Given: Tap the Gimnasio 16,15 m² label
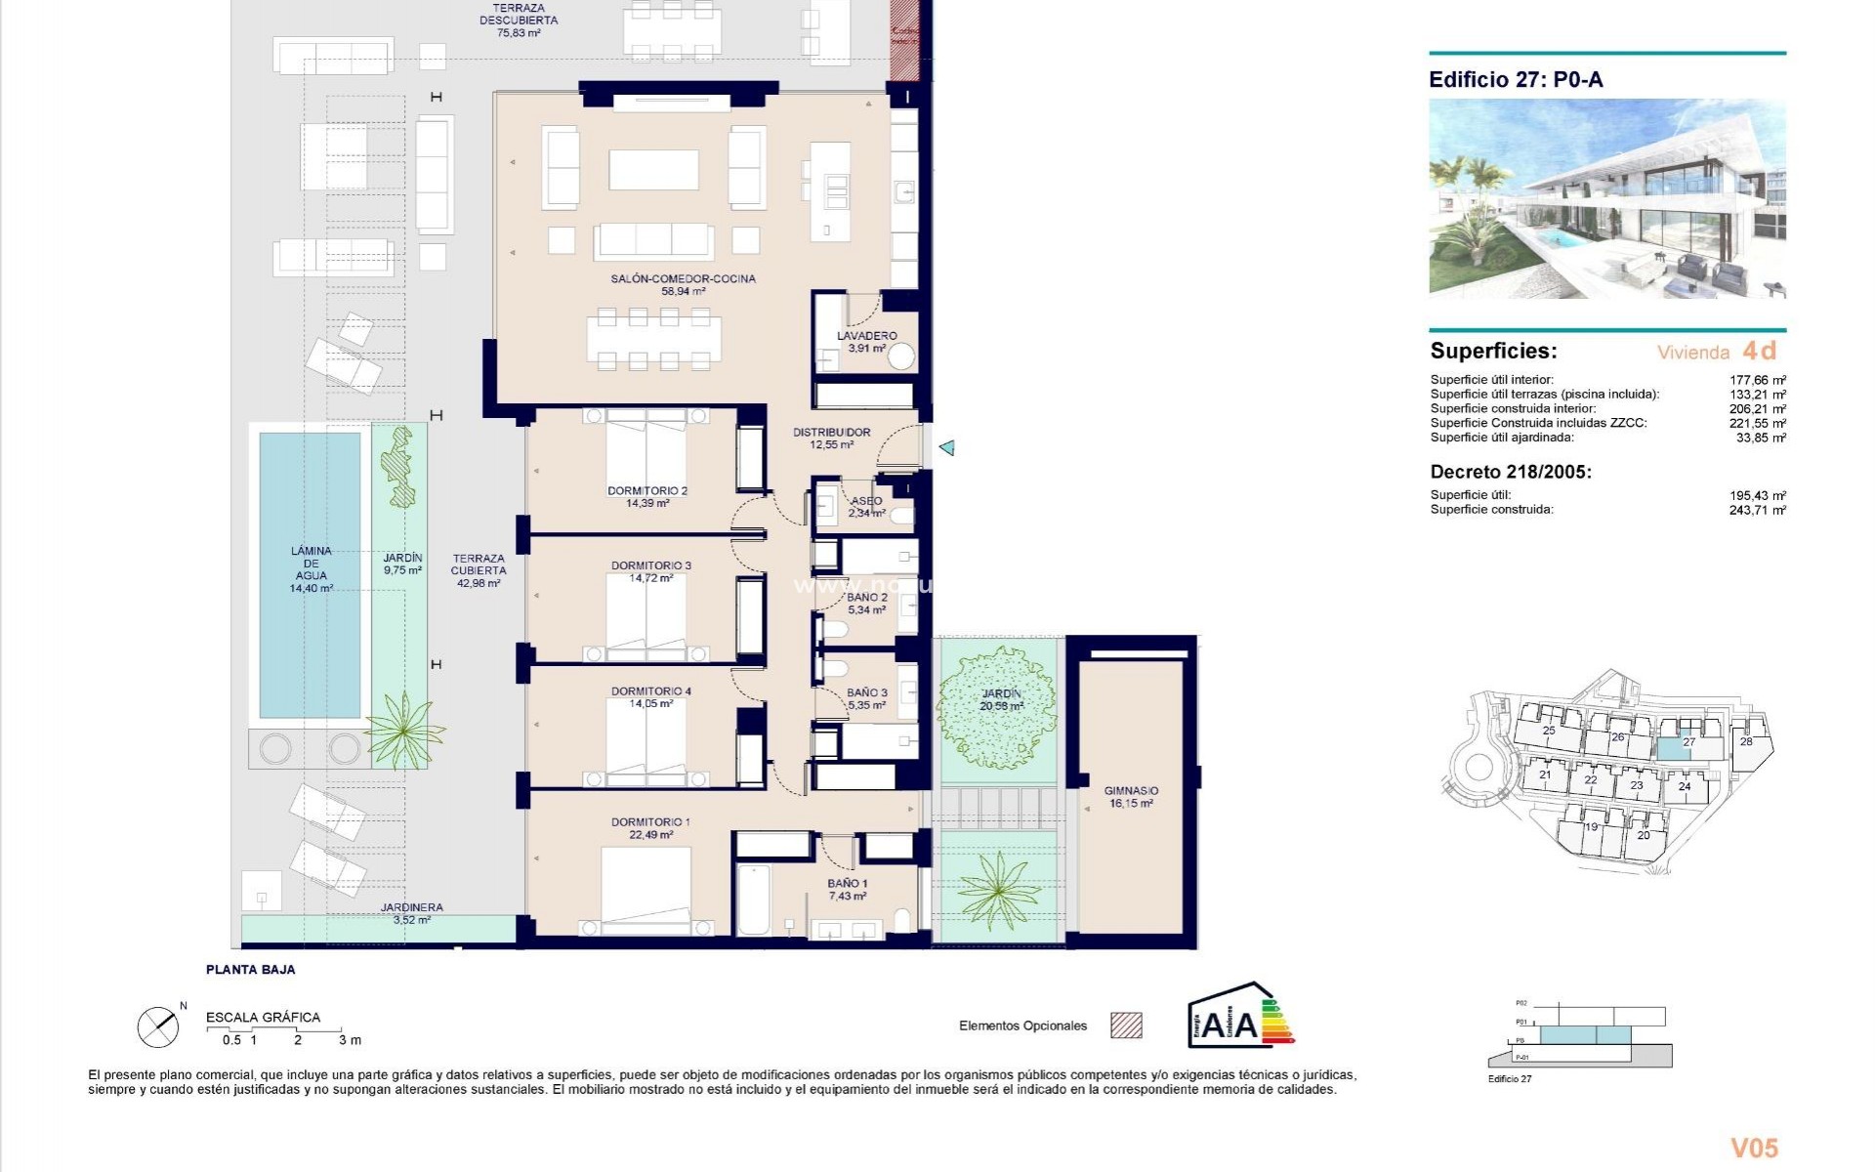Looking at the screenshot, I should (x=1130, y=797).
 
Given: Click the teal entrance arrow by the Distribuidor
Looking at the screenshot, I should (x=945, y=448).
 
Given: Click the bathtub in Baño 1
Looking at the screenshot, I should (x=754, y=898).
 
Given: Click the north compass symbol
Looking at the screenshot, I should (x=158, y=1026).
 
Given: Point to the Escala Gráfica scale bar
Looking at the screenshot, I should (x=283, y=1030).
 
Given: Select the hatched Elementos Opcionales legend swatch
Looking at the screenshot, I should (x=1126, y=1025).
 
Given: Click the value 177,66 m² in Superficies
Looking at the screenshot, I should (x=1757, y=381).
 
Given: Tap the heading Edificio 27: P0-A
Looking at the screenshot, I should (x=1516, y=80).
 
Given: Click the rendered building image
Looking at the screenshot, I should (x=1606, y=199).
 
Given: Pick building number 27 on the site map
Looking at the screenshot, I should (x=1688, y=742).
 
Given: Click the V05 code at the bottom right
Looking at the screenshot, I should (x=1754, y=1148).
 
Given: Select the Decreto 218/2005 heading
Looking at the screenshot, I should (x=1510, y=472).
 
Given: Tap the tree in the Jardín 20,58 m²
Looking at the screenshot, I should (x=996, y=705).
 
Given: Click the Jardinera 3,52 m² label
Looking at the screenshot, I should (x=411, y=913).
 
